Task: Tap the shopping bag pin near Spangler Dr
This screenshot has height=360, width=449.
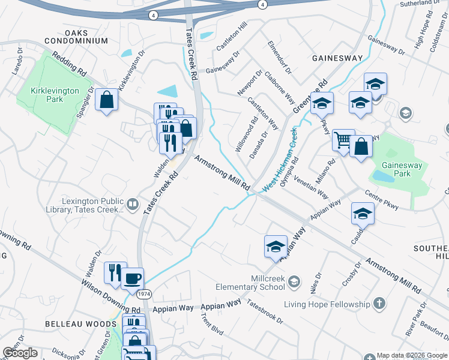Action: click(x=106, y=101)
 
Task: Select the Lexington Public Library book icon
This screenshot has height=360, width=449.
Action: click(x=133, y=205)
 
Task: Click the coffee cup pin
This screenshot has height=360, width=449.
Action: click(x=132, y=278)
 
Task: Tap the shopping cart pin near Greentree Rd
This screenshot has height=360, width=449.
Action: click(x=343, y=141)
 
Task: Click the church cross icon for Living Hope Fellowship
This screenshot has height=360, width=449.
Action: click(x=379, y=304)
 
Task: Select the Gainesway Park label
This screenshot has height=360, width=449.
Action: click(x=394, y=169)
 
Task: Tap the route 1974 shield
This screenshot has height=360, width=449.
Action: click(x=143, y=295)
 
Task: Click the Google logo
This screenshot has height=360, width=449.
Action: click(x=20, y=353)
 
